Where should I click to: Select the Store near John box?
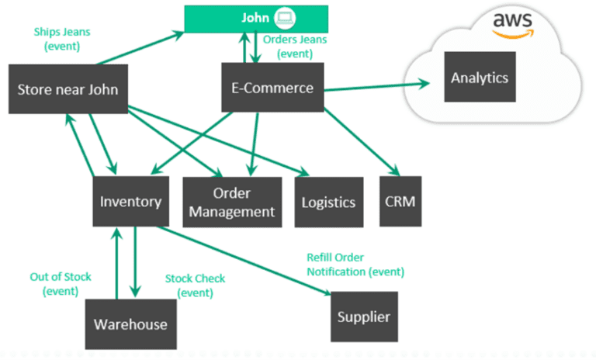coord(68,89)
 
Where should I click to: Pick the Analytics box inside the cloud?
coord(480,78)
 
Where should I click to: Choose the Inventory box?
coord(130,202)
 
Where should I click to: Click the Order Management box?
coord(232,202)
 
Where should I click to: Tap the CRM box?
coord(400,202)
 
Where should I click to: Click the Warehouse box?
coord(130,324)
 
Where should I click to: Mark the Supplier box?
coord(364,317)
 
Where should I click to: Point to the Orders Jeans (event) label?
coord(295,46)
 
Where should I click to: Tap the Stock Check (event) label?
coord(190,286)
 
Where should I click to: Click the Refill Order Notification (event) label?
coord(355,265)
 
